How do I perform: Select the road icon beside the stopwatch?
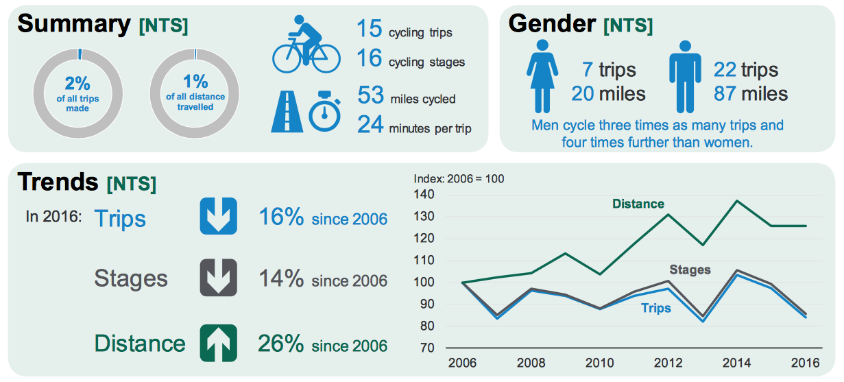click(287, 112)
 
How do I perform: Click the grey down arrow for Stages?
click(218, 278)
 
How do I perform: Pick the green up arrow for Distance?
click(218, 343)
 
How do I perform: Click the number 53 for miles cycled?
click(370, 96)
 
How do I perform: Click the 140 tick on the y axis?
click(425, 195)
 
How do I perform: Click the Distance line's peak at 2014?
click(736, 201)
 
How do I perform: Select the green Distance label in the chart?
click(638, 204)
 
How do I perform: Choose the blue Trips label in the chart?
click(656, 309)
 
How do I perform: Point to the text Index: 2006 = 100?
click(459, 179)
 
